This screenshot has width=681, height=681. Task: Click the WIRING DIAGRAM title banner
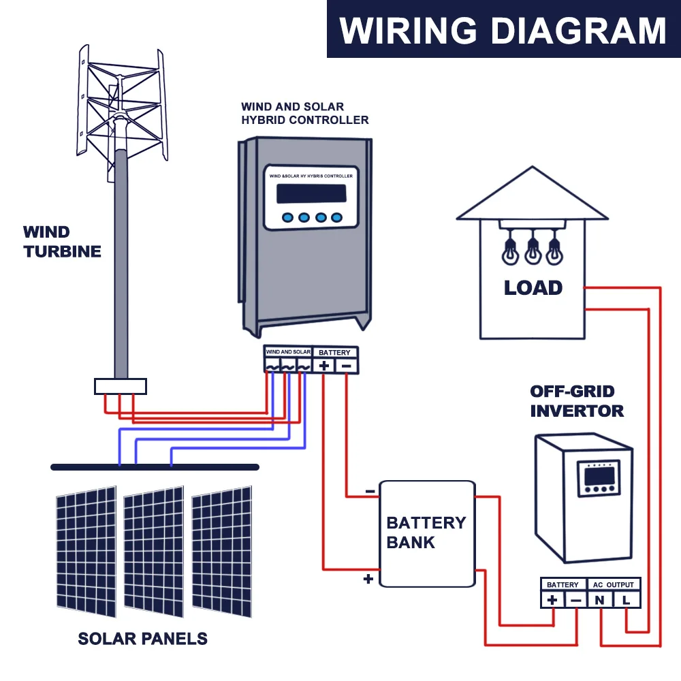point(504,29)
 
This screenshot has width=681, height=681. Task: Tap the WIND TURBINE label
point(62,242)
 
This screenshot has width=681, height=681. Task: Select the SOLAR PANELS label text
point(142,639)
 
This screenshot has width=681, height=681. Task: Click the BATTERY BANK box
point(428,534)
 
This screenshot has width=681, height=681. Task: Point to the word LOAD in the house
point(533,287)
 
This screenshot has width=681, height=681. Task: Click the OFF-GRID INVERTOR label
point(577,401)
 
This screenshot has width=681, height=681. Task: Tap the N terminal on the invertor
point(599,600)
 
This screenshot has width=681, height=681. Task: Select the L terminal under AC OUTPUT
point(626,600)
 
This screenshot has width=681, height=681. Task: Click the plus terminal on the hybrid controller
point(323,366)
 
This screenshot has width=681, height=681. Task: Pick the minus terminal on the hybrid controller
point(346,366)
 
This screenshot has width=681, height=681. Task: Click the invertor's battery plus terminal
point(552,600)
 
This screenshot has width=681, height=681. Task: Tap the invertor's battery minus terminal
point(575,600)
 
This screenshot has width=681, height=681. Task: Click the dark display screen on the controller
point(311,193)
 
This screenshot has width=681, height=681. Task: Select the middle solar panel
point(154,552)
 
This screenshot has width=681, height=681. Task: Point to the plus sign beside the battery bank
point(368,578)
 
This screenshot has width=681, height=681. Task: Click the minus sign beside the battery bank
point(370,491)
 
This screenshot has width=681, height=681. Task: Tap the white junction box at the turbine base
point(121,386)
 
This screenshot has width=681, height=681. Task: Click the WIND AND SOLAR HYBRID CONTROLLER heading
point(304,113)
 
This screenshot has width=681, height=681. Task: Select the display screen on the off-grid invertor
point(599,477)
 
